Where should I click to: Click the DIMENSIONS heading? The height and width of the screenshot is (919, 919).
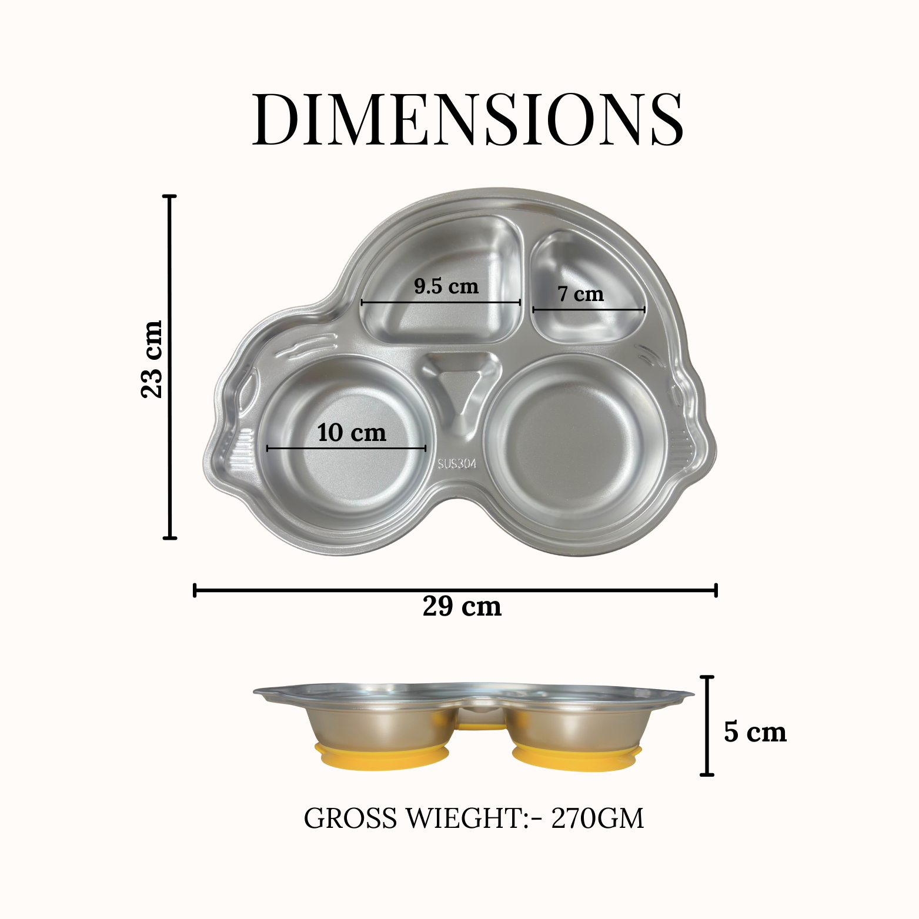(468, 119)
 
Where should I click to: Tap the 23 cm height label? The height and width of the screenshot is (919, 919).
(151, 359)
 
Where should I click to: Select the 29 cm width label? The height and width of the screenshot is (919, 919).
(462, 606)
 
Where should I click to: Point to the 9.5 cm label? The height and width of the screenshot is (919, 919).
(446, 286)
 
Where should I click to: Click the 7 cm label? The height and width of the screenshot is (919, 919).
(580, 293)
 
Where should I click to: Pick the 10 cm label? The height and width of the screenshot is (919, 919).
(352, 433)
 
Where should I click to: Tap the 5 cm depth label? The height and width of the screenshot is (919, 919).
(755, 732)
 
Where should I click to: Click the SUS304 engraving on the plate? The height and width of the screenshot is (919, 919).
(457, 464)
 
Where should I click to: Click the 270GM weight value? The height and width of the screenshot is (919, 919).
(597, 818)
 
